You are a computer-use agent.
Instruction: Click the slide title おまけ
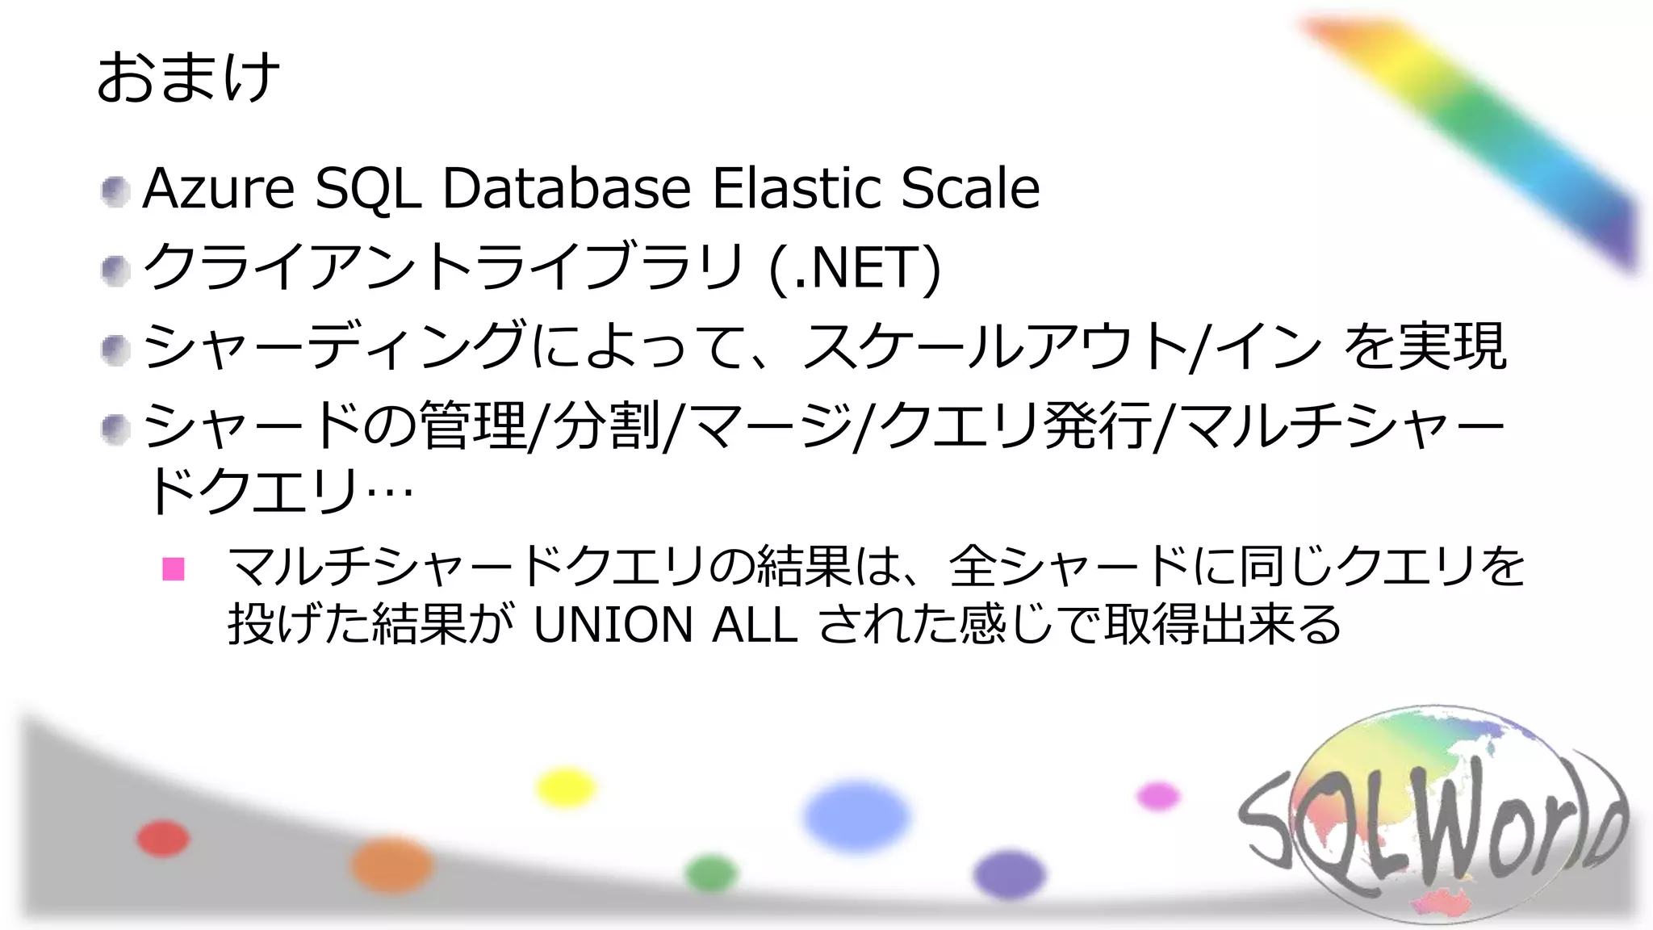coord(188,77)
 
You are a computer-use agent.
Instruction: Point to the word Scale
coord(970,189)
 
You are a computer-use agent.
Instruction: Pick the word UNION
coord(613,625)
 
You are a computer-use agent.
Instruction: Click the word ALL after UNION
coord(755,625)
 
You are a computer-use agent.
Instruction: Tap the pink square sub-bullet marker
coord(174,569)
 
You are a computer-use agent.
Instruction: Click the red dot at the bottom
coord(163,838)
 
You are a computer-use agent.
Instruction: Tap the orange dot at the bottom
coord(391,865)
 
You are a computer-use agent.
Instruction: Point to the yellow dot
coord(566,788)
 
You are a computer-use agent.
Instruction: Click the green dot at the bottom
coord(711,873)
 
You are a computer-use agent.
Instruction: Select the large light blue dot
coord(856,816)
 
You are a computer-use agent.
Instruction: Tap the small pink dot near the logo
coord(1158,797)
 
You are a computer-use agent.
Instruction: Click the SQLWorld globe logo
coord(1433,815)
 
